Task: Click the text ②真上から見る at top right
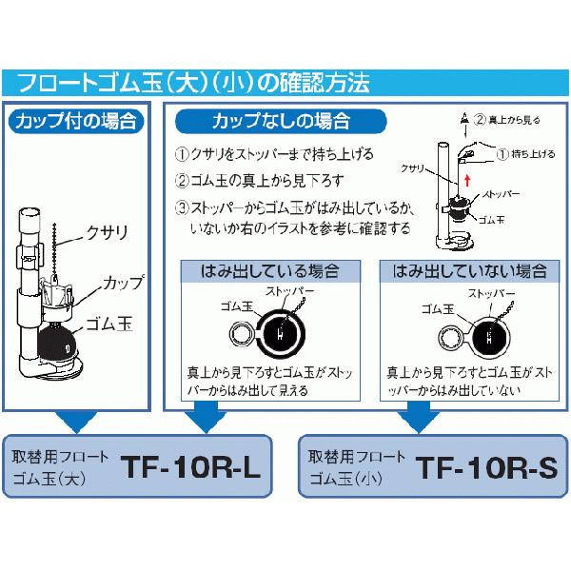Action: pyautogui.click(x=510, y=122)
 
